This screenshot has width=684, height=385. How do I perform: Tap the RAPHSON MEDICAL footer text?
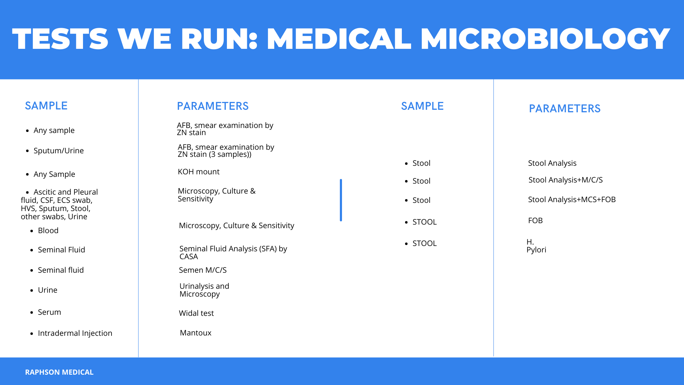click(x=59, y=372)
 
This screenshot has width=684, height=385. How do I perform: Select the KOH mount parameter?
click(x=198, y=172)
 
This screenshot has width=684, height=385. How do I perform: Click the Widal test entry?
click(x=196, y=313)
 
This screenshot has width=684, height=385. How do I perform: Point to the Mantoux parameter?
click(x=196, y=333)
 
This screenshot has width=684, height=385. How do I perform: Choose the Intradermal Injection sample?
click(x=75, y=333)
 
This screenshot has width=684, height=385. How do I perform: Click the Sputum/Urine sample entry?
click(x=58, y=151)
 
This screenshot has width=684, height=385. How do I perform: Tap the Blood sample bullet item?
click(x=48, y=231)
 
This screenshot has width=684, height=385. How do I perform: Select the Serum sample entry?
click(x=49, y=312)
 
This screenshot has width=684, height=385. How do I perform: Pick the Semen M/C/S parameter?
click(x=203, y=270)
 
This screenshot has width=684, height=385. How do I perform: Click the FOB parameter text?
click(x=535, y=221)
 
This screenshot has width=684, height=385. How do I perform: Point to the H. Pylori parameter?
click(x=536, y=246)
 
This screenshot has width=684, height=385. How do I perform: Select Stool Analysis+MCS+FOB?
click(x=572, y=200)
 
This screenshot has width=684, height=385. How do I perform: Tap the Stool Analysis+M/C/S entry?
click(x=565, y=180)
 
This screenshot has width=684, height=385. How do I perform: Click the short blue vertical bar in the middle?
click(x=341, y=200)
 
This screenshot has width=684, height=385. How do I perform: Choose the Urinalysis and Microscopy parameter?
click(x=204, y=290)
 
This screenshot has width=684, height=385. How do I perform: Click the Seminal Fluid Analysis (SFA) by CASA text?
click(x=233, y=253)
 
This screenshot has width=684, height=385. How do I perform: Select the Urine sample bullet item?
click(x=47, y=290)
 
